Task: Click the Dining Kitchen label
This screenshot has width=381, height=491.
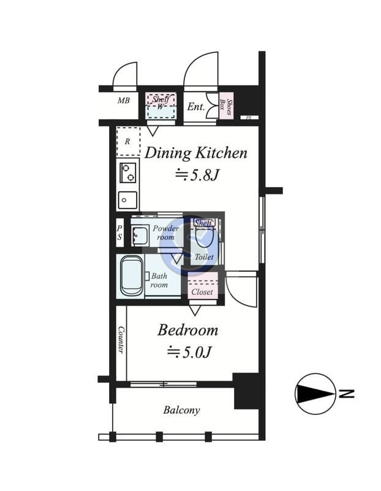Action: [196, 153]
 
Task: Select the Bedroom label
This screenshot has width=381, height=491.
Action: [188, 330]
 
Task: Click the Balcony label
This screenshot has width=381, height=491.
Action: [181, 410]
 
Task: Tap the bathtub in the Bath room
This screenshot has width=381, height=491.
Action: [132, 276]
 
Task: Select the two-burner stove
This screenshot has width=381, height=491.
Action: [128, 172]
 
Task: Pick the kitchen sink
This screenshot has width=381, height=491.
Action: [127, 200]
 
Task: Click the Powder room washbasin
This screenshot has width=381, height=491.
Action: [140, 236]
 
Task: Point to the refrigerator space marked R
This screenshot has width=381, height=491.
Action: [128, 142]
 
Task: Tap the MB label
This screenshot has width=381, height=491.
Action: [124, 101]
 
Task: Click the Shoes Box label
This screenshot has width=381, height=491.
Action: [226, 106]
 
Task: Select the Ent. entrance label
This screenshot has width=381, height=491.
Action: [195, 107]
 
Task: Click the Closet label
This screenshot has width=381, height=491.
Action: [202, 292]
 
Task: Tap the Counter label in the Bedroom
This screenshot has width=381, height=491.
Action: [121, 340]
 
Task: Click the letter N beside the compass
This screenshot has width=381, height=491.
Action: [347, 393]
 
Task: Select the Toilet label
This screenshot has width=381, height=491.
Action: [204, 257]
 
